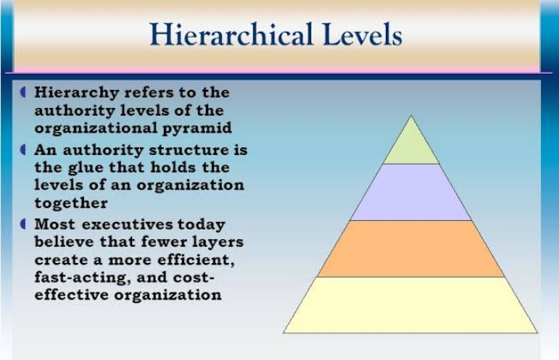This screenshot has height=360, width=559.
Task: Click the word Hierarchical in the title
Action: tap(231, 34)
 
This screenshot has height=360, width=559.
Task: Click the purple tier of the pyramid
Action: tap(411, 192)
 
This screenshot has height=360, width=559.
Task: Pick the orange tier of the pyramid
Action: tap(411, 249)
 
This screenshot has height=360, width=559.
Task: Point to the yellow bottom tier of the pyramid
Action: tap(411, 305)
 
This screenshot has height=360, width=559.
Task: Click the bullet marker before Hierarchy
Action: tap(23, 92)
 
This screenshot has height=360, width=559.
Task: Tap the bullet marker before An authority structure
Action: tap(23, 150)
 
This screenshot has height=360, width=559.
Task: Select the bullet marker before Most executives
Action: tap(23, 224)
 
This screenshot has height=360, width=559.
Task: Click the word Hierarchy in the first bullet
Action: tap(77, 93)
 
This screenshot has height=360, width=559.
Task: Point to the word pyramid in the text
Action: tap(197, 129)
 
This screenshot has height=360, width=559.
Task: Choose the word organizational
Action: tap(96, 128)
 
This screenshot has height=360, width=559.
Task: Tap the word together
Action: tap(71, 203)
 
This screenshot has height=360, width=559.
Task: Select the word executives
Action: tap(127, 224)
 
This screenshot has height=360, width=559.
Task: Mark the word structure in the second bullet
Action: tap(189, 150)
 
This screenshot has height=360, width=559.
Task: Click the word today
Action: tap(201, 225)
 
